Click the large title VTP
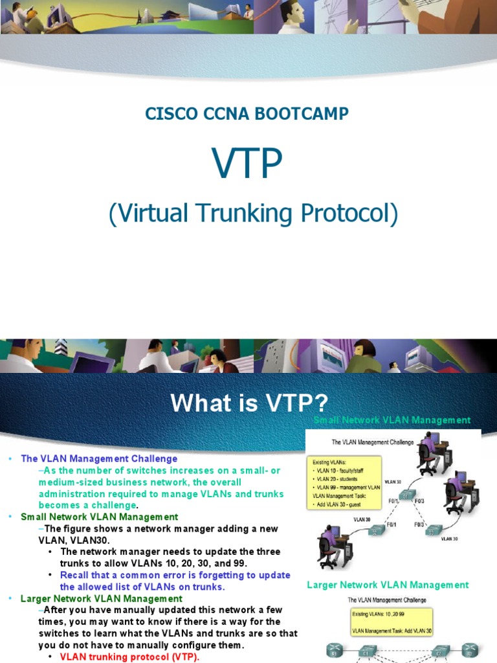pyautogui.click(x=248, y=164)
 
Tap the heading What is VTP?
pyautogui.click(x=249, y=403)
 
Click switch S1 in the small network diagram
pyautogui.click(x=407, y=495)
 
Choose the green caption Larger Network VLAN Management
pyautogui.click(x=388, y=585)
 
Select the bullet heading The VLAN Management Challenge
pyautogui.click(x=99, y=458)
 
